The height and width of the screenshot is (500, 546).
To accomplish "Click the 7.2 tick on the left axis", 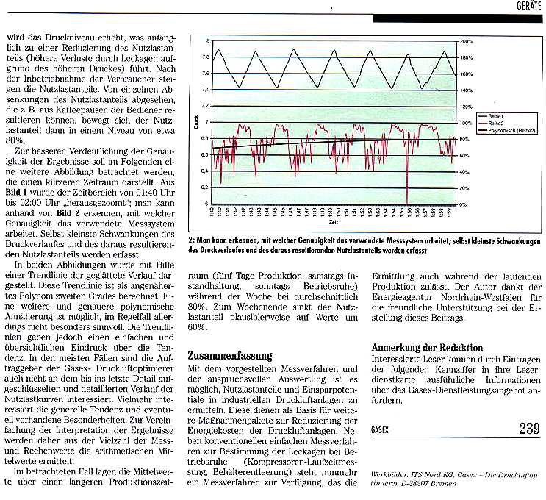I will (206, 106).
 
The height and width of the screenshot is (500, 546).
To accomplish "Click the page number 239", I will (529, 428).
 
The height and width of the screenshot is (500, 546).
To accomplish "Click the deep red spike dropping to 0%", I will (407, 199).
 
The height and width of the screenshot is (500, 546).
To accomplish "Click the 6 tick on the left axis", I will (208, 204).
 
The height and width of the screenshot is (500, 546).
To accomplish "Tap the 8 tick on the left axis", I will (208, 40).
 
